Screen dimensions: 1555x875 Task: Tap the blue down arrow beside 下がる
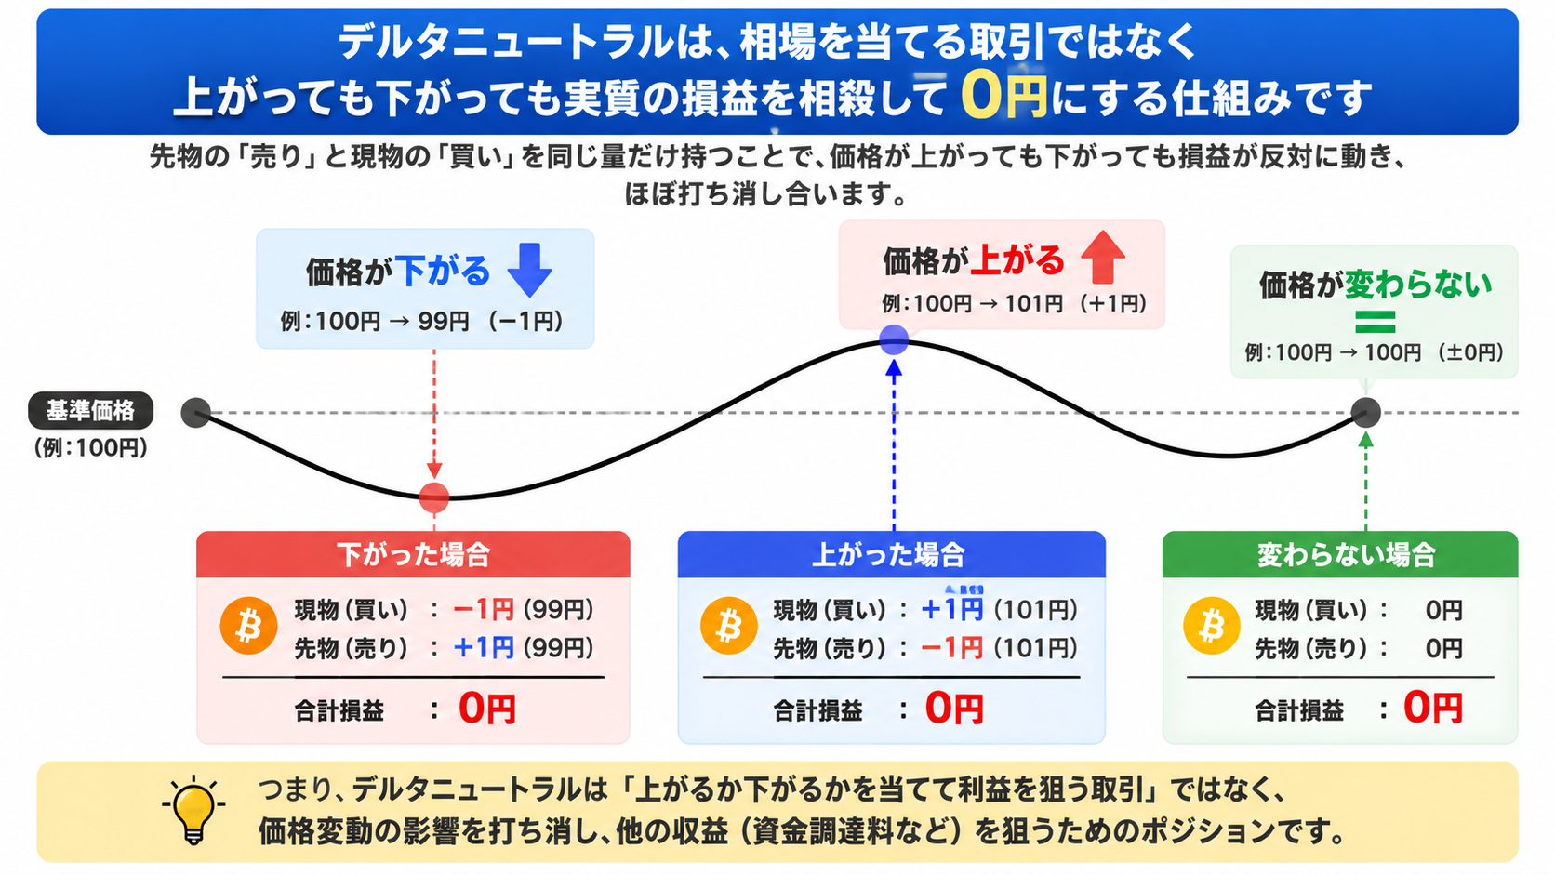[x=530, y=270]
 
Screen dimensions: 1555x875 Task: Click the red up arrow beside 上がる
[x=1103, y=258]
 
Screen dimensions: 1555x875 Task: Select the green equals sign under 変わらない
[x=1376, y=322]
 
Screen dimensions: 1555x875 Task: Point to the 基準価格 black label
[x=91, y=411]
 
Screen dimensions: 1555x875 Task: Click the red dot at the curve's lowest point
[x=434, y=497]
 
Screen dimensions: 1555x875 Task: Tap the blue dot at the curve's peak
[x=894, y=339]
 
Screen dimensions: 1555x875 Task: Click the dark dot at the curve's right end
[x=1366, y=413]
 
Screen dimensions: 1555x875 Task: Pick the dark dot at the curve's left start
[x=196, y=413]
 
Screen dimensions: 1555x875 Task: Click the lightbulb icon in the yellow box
[x=193, y=810]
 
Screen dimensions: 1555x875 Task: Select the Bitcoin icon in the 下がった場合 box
[x=248, y=626]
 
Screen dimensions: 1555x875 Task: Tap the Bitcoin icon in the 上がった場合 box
[x=729, y=626]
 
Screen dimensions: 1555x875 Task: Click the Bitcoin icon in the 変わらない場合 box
[x=1212, y=626]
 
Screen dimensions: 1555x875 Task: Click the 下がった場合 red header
[x=413, y=554]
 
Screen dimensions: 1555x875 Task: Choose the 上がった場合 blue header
[x=891, y=554]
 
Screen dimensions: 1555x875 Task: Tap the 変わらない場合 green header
[x=1340, y=554]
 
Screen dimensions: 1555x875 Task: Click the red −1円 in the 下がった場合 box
[x=484, y=610]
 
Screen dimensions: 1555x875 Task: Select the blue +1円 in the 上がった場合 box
[x=951, y=610]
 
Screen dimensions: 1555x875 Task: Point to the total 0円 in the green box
[x=1433, y=708]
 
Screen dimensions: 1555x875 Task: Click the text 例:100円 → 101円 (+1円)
[x=1015, y=303]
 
